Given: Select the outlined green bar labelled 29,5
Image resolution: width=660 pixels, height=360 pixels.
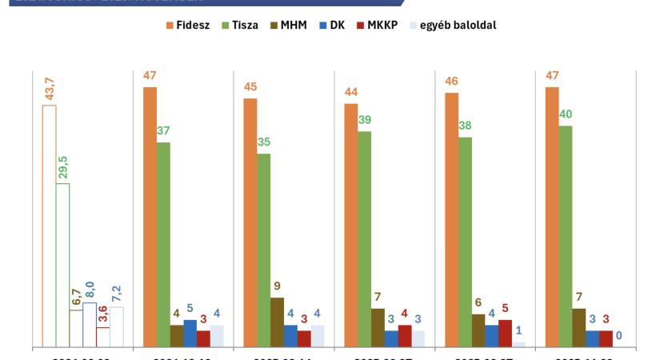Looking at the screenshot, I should (62, 265).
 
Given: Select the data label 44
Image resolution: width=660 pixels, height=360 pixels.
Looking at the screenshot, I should (350, 92).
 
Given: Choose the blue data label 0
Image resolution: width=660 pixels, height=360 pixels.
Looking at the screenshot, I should (618, 335).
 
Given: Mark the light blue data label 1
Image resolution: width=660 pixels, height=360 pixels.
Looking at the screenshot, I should (518, 330).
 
